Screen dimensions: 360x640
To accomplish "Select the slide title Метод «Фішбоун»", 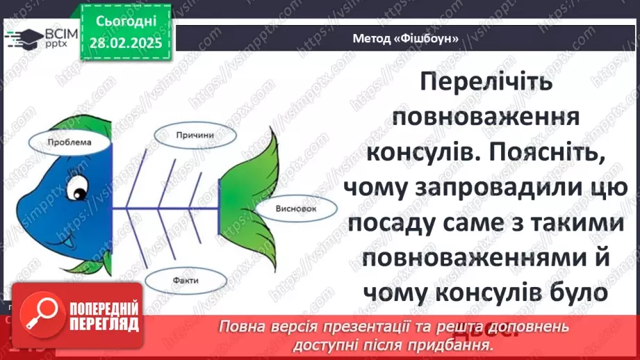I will [x=406, y=38].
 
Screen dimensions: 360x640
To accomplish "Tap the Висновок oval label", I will [x=286, y=208].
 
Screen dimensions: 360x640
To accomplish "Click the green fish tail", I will [x=245, y=188].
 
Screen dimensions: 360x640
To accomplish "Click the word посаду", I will [x=393, y=224].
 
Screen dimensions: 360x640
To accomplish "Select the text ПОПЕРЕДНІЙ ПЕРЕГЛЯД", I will [x=103, y=316].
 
